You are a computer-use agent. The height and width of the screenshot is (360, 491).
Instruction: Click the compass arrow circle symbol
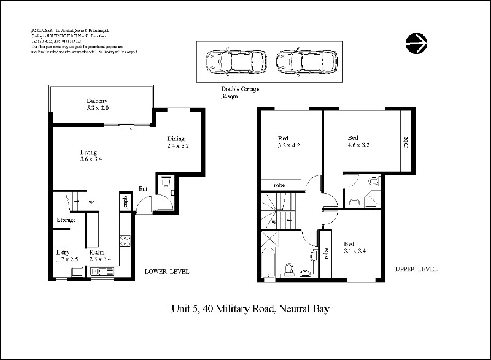coord(417,42)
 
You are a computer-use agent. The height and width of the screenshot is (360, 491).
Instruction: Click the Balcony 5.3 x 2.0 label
coord(97,105)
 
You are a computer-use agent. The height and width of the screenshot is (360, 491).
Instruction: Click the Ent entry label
coord(142,188)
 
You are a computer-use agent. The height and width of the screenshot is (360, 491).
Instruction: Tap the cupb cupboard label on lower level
coord(125,202)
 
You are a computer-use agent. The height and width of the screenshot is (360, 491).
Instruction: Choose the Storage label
coord(66,220)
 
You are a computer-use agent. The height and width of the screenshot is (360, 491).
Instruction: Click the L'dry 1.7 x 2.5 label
coord(68,256)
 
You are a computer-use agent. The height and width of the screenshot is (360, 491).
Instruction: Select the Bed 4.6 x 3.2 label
coord(358,142)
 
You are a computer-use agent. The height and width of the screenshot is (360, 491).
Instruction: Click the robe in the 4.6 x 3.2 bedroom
coord(406,142)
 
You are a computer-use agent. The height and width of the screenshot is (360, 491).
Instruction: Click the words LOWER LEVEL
coord(166,271)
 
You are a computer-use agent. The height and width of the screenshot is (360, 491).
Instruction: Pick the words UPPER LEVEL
coord(417,269)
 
